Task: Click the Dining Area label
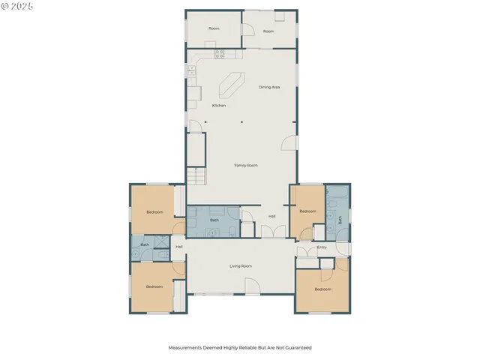tap(269, 88)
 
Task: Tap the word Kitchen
tap(219, 106)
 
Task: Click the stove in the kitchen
tap(220, 53)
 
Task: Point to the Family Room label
tap(246, 165)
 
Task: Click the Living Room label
tap(240, 266)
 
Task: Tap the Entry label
tap(322, 247)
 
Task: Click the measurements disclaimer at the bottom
tap(239, 348)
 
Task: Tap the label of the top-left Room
tap(214, 28)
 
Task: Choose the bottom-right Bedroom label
tap(322, 289)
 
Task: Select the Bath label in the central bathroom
tap(214, 220)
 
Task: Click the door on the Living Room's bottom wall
tap(253, 288)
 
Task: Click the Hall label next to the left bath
tap(179, 247)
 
